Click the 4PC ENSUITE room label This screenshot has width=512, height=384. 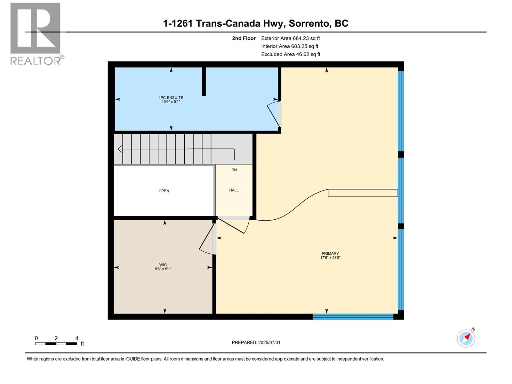pos(171,98)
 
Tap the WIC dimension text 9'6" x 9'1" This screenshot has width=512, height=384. pos(163,269)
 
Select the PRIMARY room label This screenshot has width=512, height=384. pos(330,253)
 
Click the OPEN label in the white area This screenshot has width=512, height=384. pos(164,191)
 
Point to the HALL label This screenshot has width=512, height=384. pos(234,190)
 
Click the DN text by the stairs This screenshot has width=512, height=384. pos(234,170)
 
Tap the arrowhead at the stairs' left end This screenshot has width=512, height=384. pos(120,149)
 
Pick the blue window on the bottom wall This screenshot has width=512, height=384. pos(353,317)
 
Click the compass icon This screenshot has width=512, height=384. pos(466,338)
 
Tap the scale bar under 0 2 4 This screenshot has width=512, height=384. pos(56,344)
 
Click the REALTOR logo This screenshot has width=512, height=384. pos(36,34)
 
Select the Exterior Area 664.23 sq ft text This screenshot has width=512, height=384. pos(290,38)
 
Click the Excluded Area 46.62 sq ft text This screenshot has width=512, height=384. pos(290,54)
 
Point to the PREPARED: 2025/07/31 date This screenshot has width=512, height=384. pos(256,342)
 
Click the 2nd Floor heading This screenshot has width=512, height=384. pos(244,38)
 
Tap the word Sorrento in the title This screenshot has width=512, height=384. pos(309,23)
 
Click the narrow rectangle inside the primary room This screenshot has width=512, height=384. pos(363,193)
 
